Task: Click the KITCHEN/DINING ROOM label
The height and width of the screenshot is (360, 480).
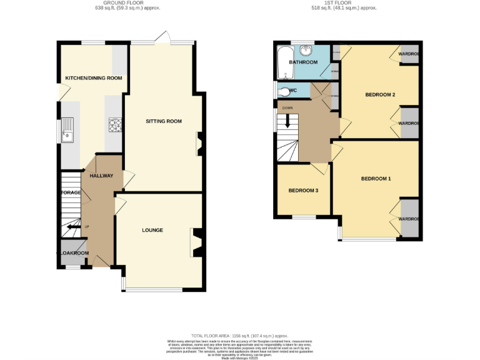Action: [x=94, y=78]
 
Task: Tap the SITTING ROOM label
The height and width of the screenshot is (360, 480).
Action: [x=164, y=121]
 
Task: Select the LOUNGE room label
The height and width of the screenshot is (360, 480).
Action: [x=152, y=230]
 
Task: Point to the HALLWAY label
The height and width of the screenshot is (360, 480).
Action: [x=101, y=176]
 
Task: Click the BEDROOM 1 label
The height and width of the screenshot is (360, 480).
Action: [x=376, y=179]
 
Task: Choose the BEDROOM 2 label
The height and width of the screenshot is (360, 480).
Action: [x=380, y=95]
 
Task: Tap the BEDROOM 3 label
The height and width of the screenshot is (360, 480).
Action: [x=303, y=191]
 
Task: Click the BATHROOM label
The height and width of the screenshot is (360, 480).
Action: [x=302, y=62]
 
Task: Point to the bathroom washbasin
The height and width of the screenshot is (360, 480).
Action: [x=306, y=51]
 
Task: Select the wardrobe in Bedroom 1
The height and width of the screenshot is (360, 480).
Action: [x=410, y=219]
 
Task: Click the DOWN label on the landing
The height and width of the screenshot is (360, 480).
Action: [x=287, y=108]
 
